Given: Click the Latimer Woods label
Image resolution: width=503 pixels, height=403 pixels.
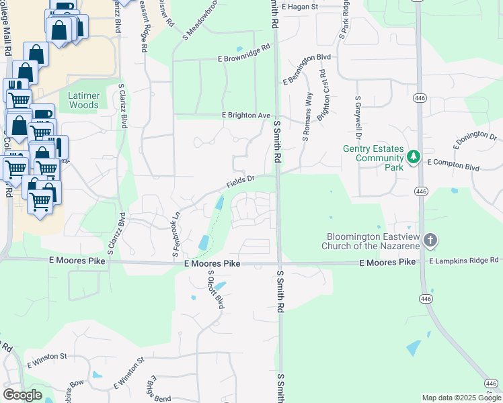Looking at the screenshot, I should (x=84, y=100).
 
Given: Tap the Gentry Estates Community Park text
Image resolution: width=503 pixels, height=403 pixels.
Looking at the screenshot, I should (x=375, y=157).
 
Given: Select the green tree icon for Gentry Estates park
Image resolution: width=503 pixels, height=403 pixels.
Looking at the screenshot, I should (x=414, y=157).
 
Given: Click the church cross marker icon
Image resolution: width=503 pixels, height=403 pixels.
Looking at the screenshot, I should (x=430, y=240).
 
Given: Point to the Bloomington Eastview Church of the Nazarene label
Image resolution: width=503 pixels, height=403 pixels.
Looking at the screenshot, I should (x=374, y=241).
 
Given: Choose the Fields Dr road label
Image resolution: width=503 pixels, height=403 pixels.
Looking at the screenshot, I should (x=241, y=180).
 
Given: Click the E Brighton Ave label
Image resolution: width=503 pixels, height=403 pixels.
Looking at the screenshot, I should (x=246, y=116).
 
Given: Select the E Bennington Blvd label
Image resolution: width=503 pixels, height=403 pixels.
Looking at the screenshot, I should (x=307, y=70).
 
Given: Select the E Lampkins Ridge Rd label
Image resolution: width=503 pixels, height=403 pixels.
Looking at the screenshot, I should (x=464, y=260).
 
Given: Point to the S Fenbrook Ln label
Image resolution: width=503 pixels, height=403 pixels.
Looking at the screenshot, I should (x=176, y=234).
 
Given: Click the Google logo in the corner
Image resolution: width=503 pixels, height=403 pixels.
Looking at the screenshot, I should (x=22, y=394).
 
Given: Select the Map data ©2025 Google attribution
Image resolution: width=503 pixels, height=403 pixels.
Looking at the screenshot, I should (x=461, y=398).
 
